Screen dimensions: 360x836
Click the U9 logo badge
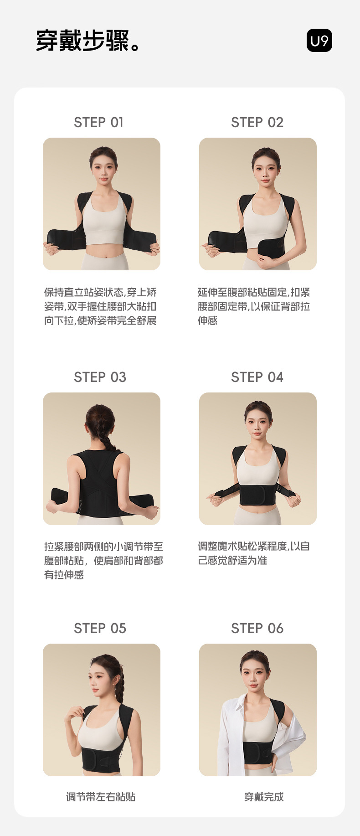click(319, 41)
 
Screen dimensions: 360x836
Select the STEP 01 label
click(99, 122)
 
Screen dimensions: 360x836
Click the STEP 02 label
click(257, 122)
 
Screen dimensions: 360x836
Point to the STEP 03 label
click(100, 377)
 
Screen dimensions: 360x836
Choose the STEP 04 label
click(257, 377)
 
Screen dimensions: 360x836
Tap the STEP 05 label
click(100, 628)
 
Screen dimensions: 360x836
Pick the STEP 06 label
click(257, 628)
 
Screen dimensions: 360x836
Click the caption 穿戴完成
click(264, 797)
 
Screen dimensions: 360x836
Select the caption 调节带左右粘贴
click(101, 797)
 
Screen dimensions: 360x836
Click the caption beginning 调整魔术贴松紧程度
click(254, 553)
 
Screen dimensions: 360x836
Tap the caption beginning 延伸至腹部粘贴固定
click(254, 306)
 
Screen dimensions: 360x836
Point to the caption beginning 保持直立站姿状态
click(100, 306)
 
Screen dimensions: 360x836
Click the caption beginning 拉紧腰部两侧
click(103, 560)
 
